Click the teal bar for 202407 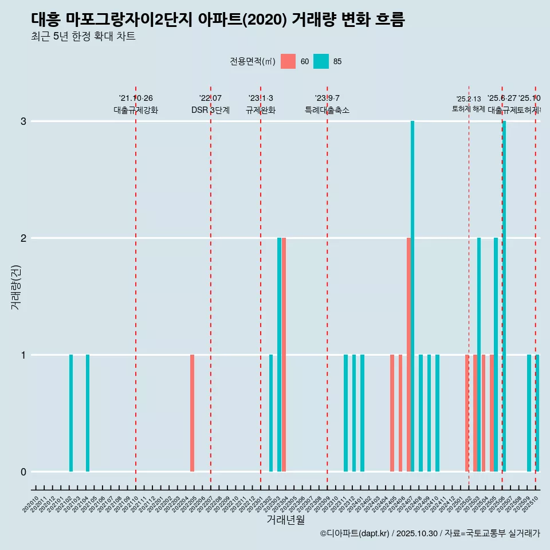coord(412,296)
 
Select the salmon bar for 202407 coord(408,355)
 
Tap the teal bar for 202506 coord(504,296)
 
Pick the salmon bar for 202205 coord(192,413)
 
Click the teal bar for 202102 coord(71,413)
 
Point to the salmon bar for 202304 coord(284,355)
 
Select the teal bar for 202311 coord(345,413)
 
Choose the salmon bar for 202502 coord(467,413)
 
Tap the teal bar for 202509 coord(529,413)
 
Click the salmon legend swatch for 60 coord(288,61)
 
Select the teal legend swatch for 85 coord(321,61)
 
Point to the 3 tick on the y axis coord(23,121)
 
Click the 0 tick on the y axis coord(23,472)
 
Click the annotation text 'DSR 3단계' coord(210,110)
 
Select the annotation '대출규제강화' coord(136,110)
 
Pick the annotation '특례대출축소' coord(327,110)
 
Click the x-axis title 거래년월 coord(285,520)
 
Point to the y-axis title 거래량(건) coord(15,286)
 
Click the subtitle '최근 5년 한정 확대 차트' coord(83,37)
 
